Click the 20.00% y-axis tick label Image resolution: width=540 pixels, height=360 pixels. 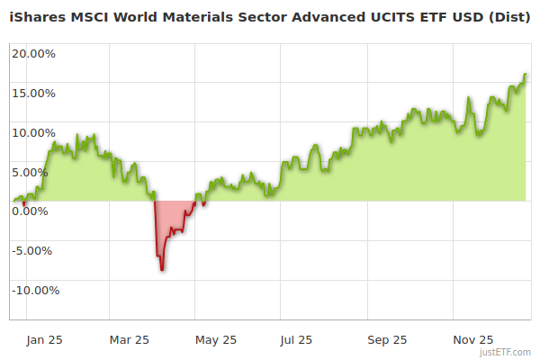(33, 53)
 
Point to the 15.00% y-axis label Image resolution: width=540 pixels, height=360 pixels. (33, 93)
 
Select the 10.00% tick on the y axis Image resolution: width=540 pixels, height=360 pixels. (33, 132)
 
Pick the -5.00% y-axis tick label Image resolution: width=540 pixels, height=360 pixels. (34, 250)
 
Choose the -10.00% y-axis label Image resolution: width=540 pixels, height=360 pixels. (34, 290)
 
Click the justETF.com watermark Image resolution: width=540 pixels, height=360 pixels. (505, 352)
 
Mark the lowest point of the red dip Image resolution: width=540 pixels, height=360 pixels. (162, 269)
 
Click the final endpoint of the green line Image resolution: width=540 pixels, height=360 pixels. (526, 75)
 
